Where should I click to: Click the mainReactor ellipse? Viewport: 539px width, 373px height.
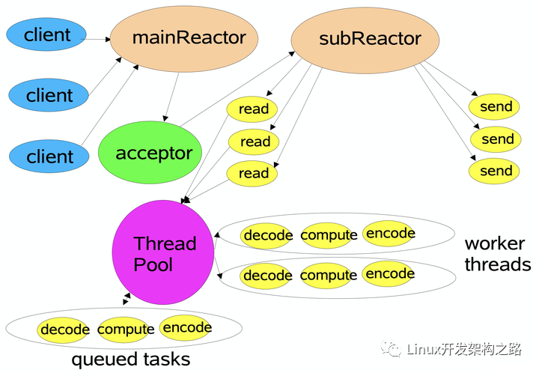tap(184, 39)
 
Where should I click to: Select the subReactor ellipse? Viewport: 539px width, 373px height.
tap(365, 40)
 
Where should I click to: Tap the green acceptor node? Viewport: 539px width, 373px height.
tap(150, 152)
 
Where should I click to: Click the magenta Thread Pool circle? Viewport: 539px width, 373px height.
tap(163, 252)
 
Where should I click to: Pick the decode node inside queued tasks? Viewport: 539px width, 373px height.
tap(63, 330)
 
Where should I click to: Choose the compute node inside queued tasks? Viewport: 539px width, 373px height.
tap(125, 330)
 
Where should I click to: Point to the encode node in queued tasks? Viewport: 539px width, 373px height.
tap(186, 328)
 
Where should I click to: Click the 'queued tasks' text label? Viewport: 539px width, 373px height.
tap(130, 360)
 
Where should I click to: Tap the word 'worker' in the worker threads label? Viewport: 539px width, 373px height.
tap(495, 243)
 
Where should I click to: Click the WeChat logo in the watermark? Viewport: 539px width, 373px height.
tap(391, 349)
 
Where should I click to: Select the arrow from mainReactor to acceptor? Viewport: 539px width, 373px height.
tap(171, 97)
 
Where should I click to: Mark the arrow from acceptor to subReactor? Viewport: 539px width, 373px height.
tap(237, 88)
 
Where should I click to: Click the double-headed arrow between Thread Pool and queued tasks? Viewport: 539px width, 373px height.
tap(127, 299)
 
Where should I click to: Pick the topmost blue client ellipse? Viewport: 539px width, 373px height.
tap(46, 34)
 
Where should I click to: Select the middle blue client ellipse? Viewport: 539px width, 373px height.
tap(49, 95)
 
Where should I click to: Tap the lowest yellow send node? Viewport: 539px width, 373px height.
tap(494, 171)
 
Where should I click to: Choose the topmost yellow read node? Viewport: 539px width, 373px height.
tap(252, 109)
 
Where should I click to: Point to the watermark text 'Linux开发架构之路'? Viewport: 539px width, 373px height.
tap(464, 349)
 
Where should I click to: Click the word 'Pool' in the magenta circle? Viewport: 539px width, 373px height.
tap(153, 264)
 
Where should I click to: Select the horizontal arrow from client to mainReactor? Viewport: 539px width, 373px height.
tap(96, 39)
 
